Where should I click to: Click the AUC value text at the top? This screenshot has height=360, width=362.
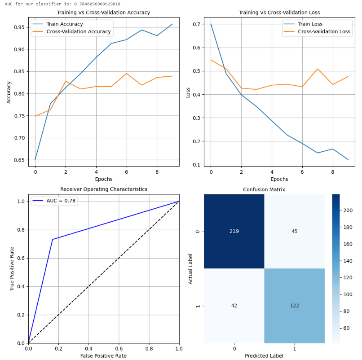pos(62,4)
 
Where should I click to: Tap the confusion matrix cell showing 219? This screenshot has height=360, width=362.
pos(234,231)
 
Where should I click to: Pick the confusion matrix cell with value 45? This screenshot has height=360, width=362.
pos(294,231)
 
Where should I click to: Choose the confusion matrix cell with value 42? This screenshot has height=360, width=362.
pos(234,306)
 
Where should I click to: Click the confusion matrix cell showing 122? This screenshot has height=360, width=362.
pos(294,306)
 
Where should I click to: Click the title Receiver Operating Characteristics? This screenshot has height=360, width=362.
pos(104,189)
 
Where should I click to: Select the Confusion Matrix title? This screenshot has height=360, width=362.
pos(264,189)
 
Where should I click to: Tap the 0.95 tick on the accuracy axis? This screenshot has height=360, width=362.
pos(18,27)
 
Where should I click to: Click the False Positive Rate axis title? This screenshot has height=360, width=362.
pos(104,356)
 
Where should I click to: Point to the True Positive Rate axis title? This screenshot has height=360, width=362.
pos(12,268)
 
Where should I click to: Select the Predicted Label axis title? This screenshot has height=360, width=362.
pos(264,356)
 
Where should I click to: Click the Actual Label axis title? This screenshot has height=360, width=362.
pos(191,268)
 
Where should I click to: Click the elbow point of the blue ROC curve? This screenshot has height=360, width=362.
pos(53,239)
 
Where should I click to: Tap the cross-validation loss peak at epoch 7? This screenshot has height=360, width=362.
pos(318,69)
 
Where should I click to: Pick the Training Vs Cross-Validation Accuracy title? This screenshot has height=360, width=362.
pos(104,13)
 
